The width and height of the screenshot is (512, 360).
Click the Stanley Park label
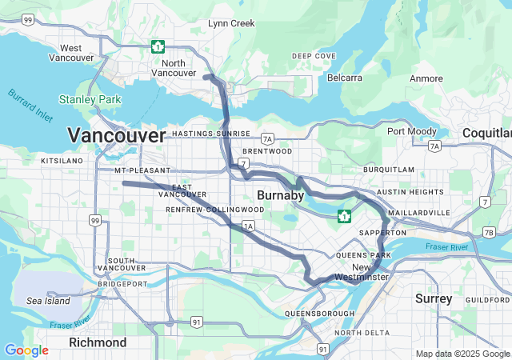(90, 101)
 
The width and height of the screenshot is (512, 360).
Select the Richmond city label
(98, 342)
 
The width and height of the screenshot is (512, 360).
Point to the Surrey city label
(434, 298)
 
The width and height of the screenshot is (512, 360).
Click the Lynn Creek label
(231, 23)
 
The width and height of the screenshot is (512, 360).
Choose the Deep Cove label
(314, 56)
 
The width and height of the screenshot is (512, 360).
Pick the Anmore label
(426, 78)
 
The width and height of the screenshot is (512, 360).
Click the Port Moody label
(412, 131)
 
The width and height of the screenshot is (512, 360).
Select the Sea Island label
(48, 301)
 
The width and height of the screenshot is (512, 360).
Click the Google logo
(26, 350)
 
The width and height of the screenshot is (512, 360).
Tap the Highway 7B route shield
(488, 233)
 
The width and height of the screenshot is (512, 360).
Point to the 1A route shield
(248, 226)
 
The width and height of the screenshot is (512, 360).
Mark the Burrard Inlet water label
(30, 105)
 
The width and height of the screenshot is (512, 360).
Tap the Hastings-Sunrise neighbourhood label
(211, 134)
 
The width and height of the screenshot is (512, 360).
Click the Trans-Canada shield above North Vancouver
(158, 46)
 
